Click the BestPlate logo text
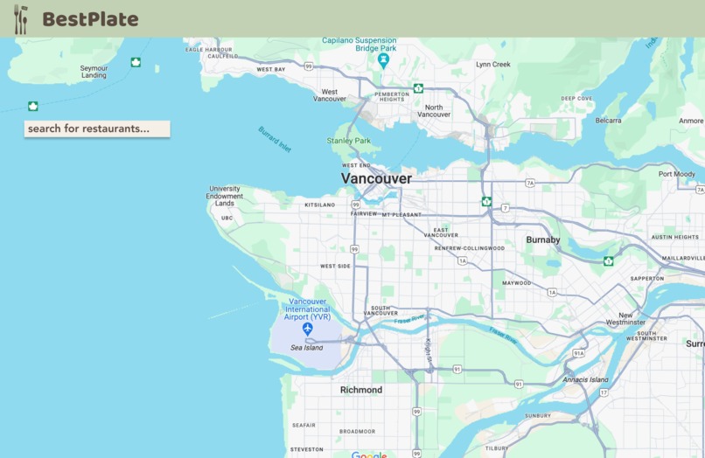pyautogui.click(x=90, y=18)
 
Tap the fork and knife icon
pyautogui.click(x=21, y=18)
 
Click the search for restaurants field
pyautogui.click(x=96, y=128)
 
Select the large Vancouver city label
pyautogui.click(x=376, y=178)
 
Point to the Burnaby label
pyautogui.click(x=542, y=239)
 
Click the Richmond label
pyautogui.click(x=361, y=390)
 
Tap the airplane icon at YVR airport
pyautogui.click(x=307, y=329)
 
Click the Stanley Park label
pyautogui.click(x=349, y=141)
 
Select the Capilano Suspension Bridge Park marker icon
pyautogui.click(x=383, y=59)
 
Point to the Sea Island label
pyautogui.click(x=307, y=348)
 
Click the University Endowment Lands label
pyautogui.click(x=225, y=196)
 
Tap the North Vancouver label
pyautogui.click(x=434, y=111)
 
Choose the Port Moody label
pyautogui.click(x=677, y=174)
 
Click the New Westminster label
pyautogui.click(x=632, y=319)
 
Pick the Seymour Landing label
pyautogui.click(x=94, y=72)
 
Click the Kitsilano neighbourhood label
pyautogui.click(x=319, y=205)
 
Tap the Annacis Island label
pyautogui.click(x=585, y=379)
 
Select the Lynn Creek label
pyautogui.click(x=492, y=64)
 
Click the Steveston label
pyautogui.click(x=306, y=449)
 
